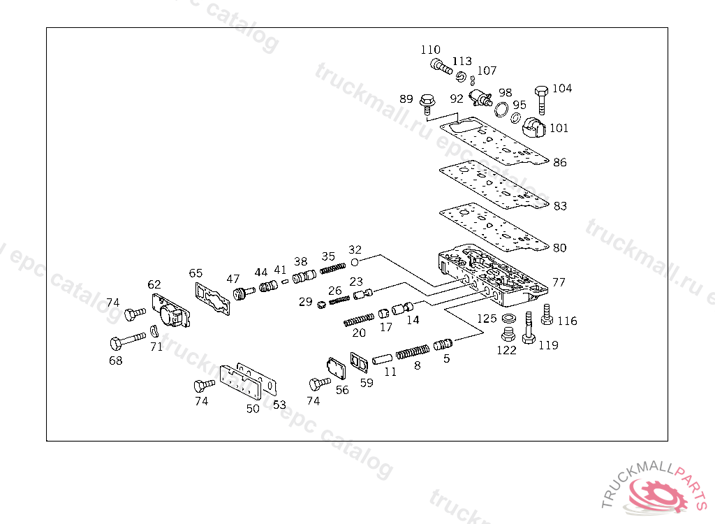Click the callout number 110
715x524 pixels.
(x=430, y=50)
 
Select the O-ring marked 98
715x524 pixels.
(x=501, y=109)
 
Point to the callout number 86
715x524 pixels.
(x=559, y=163)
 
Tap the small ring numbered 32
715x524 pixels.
(x=355, y=261)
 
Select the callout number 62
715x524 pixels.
(x=154, y=284)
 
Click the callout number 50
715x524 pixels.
(x=253, y=409)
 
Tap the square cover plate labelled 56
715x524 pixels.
(x=336, y=370)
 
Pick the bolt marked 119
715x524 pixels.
(x=529, y=329)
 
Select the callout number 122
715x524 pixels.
(x=506, y=350)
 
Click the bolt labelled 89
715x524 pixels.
(x=427, y=104)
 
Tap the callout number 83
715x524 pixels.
(x=559, y=206)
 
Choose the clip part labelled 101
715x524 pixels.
(x=536, y=126)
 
